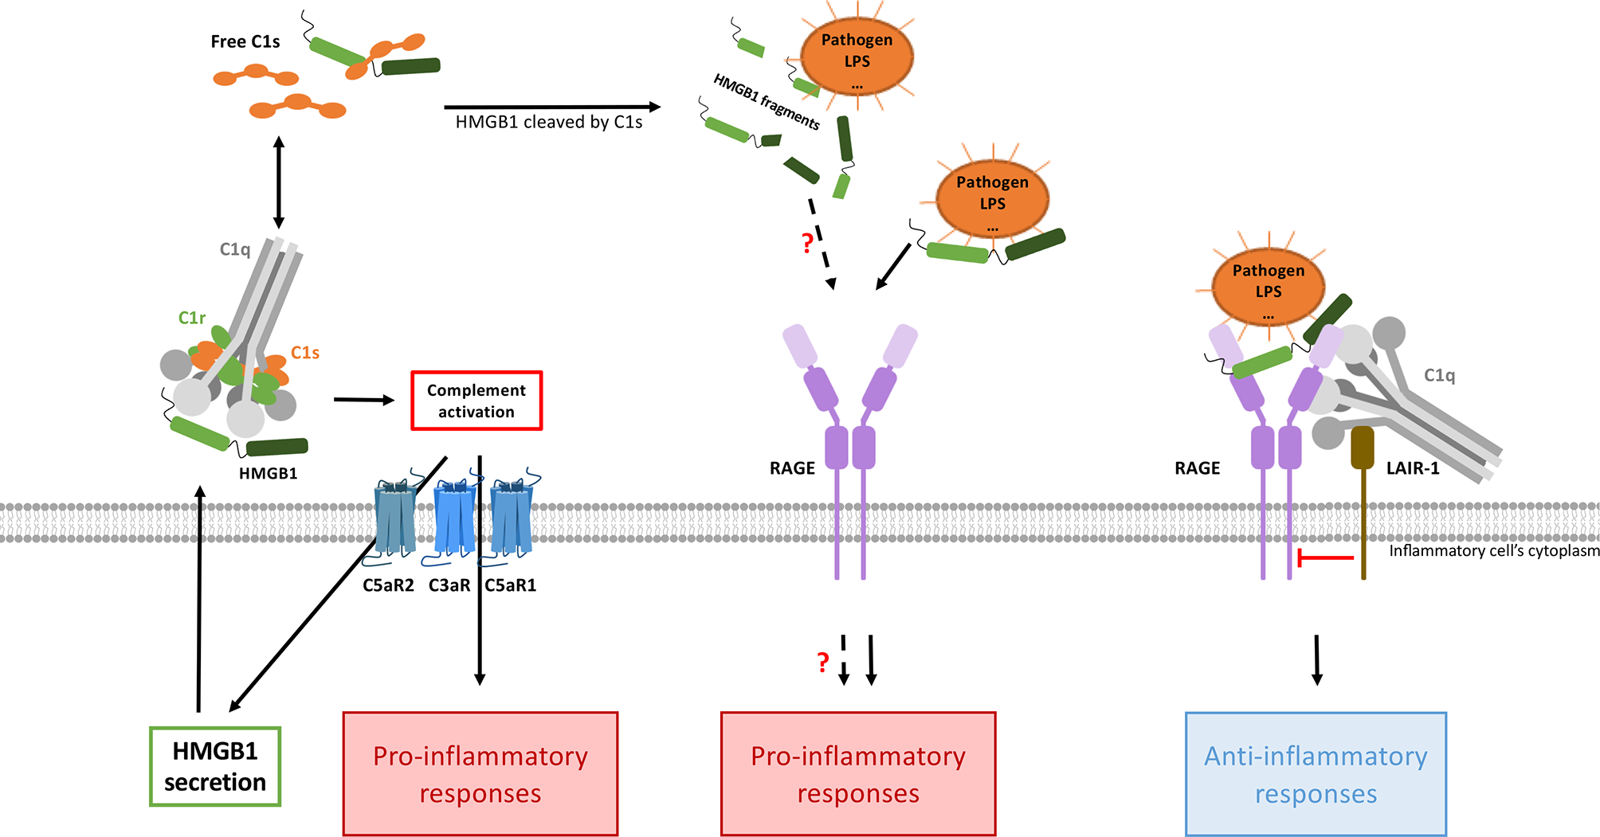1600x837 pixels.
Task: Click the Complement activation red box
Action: pos(476,401)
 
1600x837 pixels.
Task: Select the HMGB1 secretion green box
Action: pos(215,766)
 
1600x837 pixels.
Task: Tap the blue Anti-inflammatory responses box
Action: pos(1316,774)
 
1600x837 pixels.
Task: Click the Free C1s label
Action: pos(245,41)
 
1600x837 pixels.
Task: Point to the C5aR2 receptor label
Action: pos(388,585)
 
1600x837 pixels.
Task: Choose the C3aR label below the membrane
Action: pos(449,585)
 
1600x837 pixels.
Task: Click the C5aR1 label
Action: pos(511,585)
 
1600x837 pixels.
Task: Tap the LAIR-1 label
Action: pos(1413,468)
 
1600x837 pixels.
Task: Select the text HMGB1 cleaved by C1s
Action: pos(548,122)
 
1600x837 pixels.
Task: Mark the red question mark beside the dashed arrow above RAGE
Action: pos(807,243)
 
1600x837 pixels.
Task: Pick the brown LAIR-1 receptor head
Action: pos(1363,448)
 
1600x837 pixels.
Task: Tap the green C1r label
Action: pos(191,318)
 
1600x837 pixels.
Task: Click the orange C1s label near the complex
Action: pos(304,352)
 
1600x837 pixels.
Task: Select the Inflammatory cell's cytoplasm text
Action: pos(1494,551)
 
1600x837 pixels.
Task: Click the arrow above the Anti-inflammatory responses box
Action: pos(1316,659)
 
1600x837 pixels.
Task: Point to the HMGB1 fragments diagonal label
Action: pos(766,102)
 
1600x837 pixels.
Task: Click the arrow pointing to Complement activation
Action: pos(363,400)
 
